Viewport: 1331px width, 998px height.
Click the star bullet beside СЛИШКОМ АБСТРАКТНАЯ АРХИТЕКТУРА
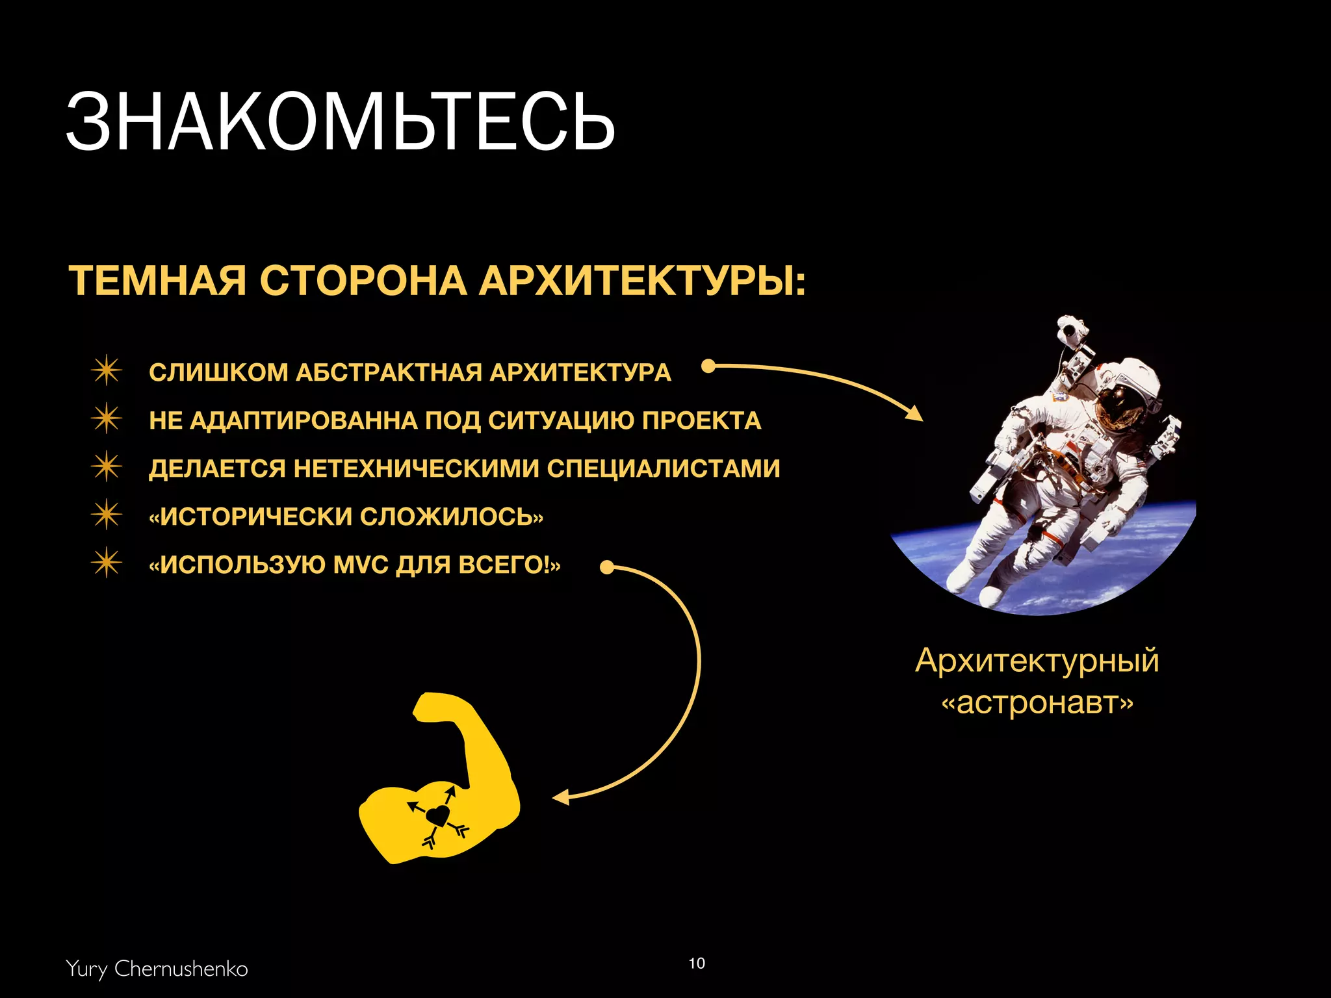point(106,371)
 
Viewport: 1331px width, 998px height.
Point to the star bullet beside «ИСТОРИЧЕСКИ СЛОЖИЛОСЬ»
point(106,515)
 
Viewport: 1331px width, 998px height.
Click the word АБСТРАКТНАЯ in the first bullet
point(389,372)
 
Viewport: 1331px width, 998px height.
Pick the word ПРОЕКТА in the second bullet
point(701,420)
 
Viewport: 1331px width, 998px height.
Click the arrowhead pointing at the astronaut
point(914,413)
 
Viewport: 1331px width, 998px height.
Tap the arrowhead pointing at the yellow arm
point(561,797)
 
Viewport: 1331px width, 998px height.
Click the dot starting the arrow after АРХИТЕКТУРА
point(709,366)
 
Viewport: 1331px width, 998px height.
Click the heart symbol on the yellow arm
point(438,815)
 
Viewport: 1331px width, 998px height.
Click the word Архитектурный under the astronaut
point(1037,661)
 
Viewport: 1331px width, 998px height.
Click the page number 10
point(697,963)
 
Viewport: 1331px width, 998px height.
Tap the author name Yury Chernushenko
point(157,968)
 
